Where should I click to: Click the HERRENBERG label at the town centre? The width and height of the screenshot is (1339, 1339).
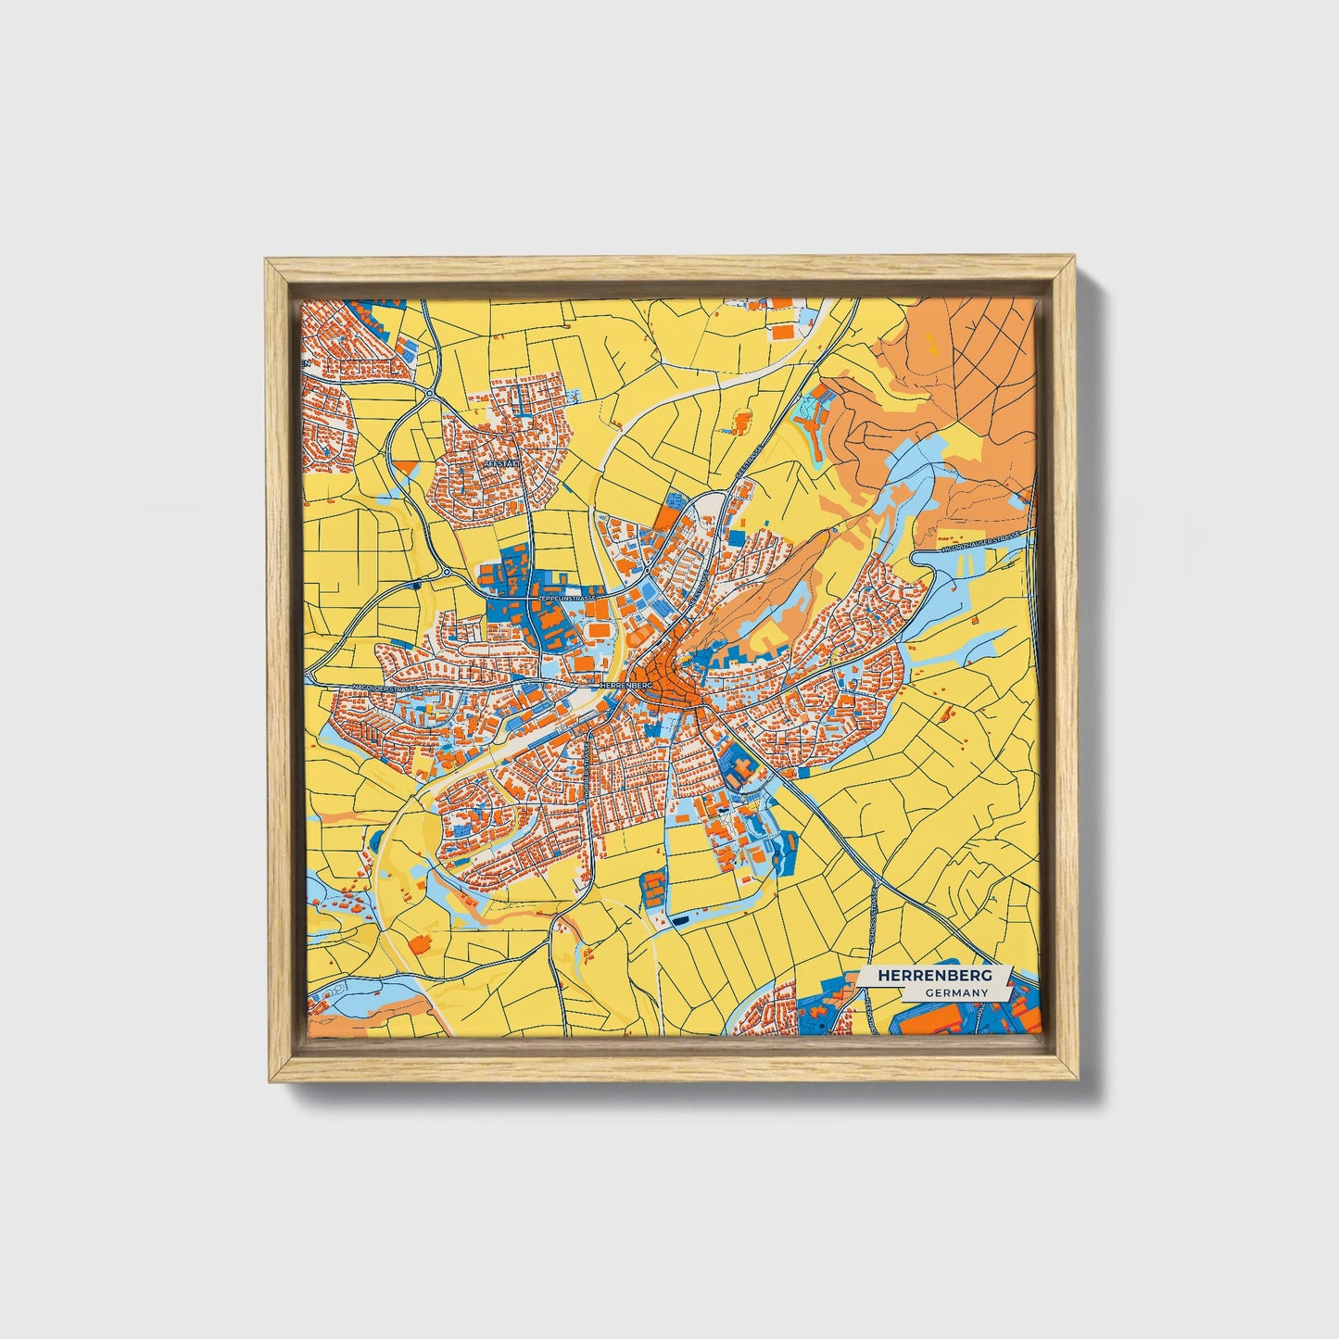627,684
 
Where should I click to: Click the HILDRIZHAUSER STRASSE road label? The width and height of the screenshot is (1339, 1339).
979,543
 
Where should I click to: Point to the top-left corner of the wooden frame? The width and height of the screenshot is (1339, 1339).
266,259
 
